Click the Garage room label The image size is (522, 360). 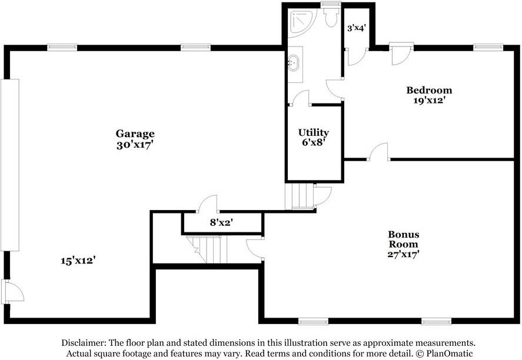tap(135, 134)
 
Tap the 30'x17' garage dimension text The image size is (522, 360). tap(135, 145)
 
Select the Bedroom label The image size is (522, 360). tap(429, 90)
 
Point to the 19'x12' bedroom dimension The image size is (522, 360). tap(430, 101)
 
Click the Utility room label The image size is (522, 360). tap(314, 132)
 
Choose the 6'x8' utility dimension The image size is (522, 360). tap(314, 144)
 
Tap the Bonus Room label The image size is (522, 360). tap(404, 239)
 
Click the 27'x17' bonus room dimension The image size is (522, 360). tap(403, 255)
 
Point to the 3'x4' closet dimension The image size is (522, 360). tap(357, 28)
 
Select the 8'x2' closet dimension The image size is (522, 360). tap(221, 222)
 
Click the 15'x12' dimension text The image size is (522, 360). tap(79, 261)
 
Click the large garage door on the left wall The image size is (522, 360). tap(9, 165)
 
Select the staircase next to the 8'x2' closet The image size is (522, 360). tap(207, 249)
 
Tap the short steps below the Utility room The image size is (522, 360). tap(300, 196)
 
